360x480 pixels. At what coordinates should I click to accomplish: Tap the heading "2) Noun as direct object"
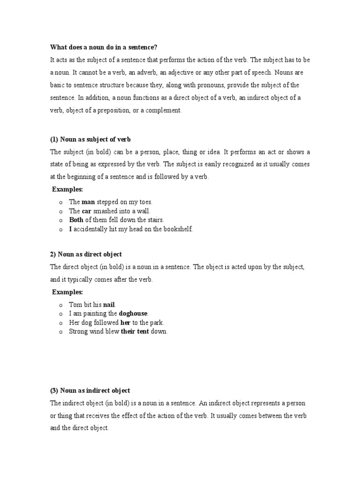click(x=86, y=255)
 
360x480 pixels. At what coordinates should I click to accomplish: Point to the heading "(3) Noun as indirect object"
click(x=90, y=390)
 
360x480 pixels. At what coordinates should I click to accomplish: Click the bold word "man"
click(x=88, y=202)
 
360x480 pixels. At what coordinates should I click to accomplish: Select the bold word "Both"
click(x=76, y=220)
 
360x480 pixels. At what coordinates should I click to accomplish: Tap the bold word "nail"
click(x=109, y=305)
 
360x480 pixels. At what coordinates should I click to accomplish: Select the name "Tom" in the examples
click(x=75, y=305)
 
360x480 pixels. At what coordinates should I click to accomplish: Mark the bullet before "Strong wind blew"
click(x=61, y=332)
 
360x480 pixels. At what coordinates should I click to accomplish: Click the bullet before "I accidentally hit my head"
click(x=61, y=229)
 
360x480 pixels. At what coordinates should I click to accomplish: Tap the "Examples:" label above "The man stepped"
click(x=67, y=189)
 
